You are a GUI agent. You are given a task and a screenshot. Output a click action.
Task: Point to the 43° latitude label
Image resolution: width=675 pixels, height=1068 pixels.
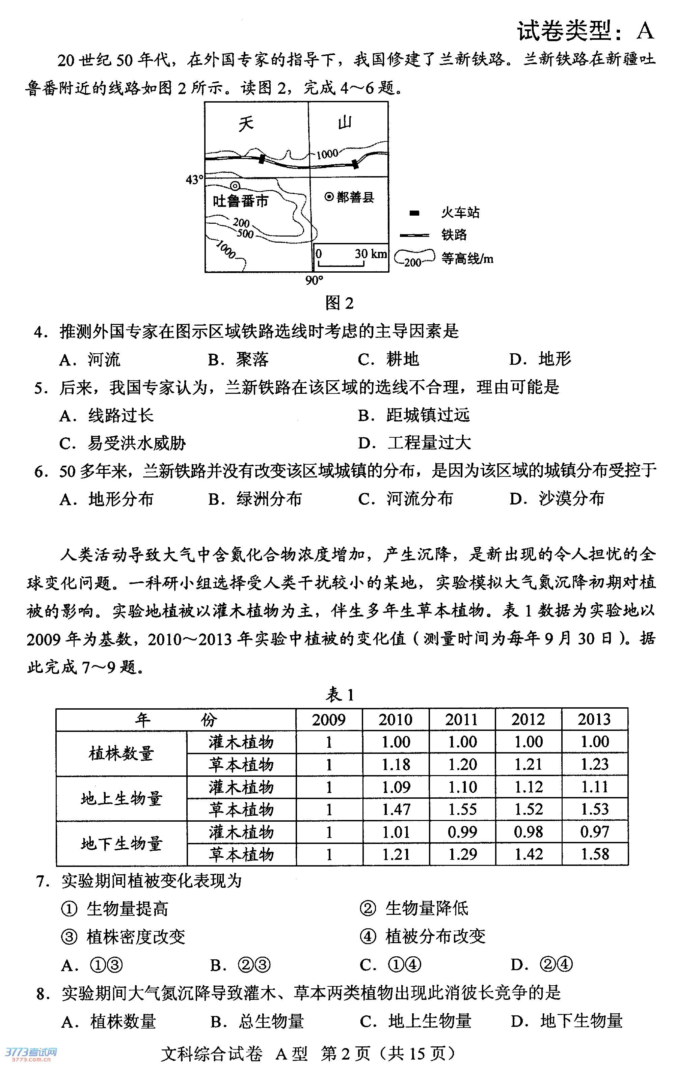[194, 180]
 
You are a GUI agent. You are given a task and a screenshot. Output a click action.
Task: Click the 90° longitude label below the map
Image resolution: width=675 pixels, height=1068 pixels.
[314, 280]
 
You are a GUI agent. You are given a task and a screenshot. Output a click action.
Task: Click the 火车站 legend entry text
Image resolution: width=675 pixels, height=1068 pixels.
[460, 213]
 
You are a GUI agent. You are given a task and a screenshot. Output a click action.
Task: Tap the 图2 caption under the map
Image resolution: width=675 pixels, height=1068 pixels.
[339, 303]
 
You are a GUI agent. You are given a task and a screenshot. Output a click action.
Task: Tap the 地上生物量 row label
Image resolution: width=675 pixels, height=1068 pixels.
[122, 798]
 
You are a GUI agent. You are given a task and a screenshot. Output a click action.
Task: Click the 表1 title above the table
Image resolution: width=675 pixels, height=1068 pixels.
[340, 694]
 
